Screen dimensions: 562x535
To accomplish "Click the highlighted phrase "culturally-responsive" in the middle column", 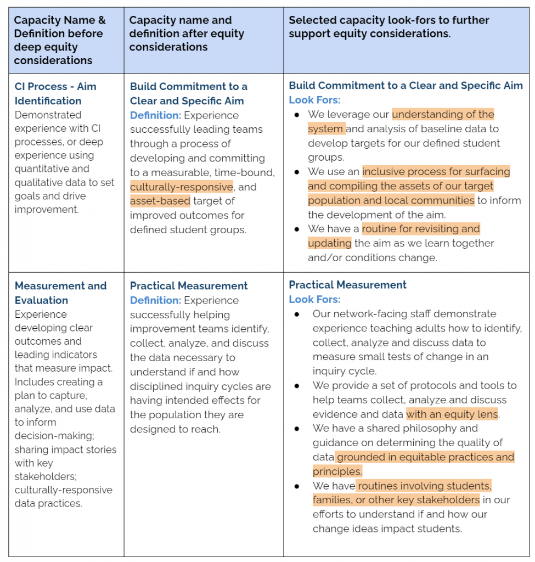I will point(181,187).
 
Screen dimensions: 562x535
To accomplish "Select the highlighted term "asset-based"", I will point(160,201).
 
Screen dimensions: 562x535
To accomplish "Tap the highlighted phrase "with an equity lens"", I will point(452,414).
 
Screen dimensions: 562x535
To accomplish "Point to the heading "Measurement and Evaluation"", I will point(60,293).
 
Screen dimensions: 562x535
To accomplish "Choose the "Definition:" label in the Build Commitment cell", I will point(155,115).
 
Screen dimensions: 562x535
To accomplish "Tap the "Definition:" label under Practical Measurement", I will point(155,300).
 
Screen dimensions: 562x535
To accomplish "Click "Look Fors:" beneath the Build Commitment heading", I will point(314,100).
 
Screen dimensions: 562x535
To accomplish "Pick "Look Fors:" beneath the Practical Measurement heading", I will point(314,299).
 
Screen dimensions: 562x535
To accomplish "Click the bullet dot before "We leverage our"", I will point(297,115).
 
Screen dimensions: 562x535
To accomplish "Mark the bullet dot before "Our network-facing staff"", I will point(297,314).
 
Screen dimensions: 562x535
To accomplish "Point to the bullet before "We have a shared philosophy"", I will point(297,429).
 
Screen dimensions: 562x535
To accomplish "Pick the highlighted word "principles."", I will point(337,471).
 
